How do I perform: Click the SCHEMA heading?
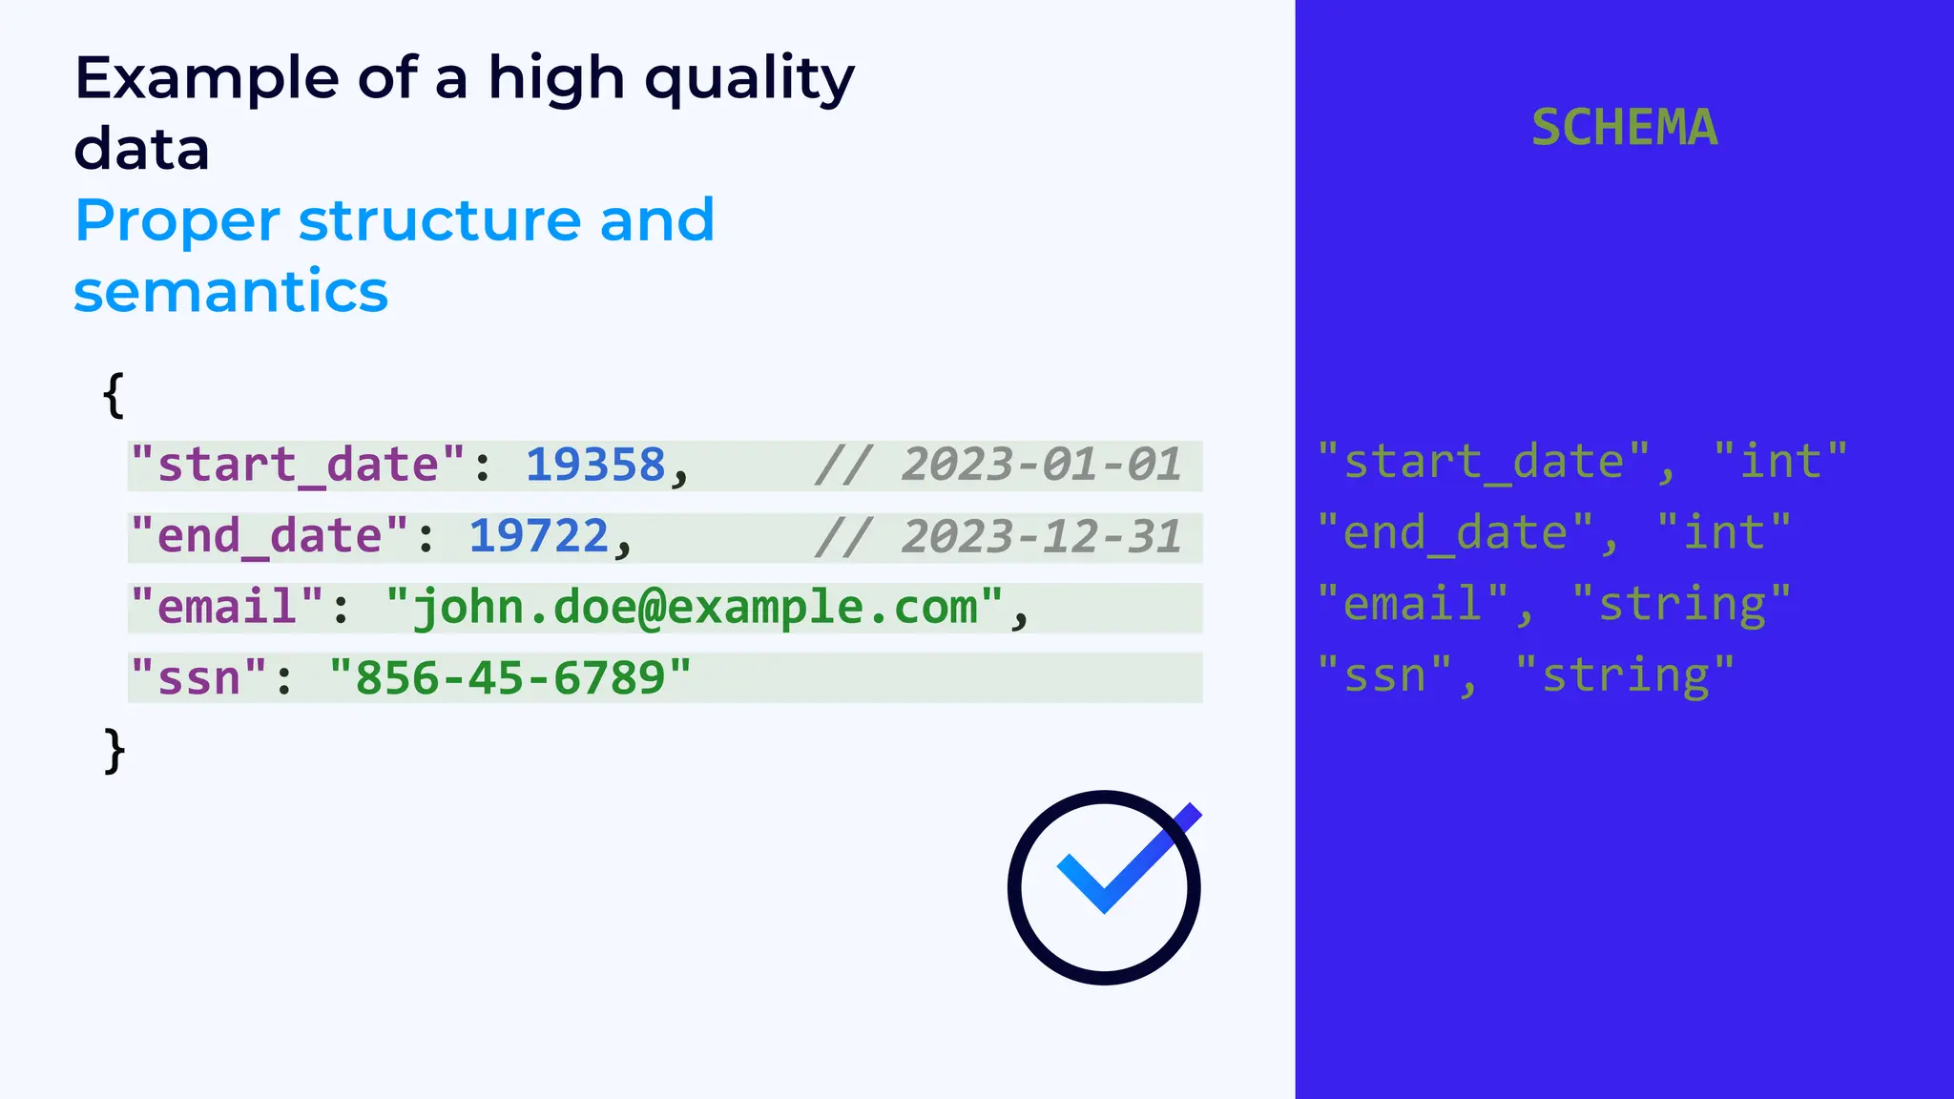[x=1624, y=128]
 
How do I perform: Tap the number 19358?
[x=595, y=466]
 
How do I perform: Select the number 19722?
[x=539, y=536]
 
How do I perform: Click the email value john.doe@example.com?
[x=695, y=608]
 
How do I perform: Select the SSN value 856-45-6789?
[x=509, y=678]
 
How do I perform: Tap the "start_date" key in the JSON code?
[x=297, y=466]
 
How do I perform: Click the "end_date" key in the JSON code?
[x=269, y=536]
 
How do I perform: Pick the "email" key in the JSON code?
[x=227, y=608]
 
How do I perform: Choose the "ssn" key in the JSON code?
[x=198, y=678]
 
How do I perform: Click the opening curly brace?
[x=114, y=395]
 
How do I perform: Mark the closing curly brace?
[x=114, y=751]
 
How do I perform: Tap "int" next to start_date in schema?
[x=1780, y=463]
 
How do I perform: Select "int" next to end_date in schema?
[x=1724, y=533]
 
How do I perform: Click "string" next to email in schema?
[x=1681, y=605]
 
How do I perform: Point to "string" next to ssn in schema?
[x=1625, y=675]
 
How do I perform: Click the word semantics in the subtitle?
[x=231, y=292]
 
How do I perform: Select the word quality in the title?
[x=749, y=78]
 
